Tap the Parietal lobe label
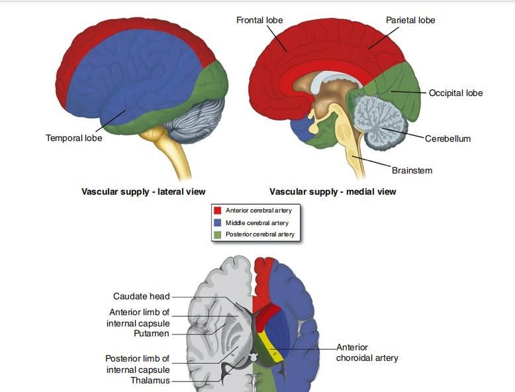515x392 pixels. pos(410,21)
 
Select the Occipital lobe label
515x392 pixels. pos(455,93)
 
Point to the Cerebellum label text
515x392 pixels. pos(447,139)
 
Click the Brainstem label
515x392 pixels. pos(412,171)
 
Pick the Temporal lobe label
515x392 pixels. pos(73,138)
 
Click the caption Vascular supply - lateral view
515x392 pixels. pos(144,192)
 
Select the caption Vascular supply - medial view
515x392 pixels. pos(332,192)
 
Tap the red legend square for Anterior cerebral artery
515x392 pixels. pos(217,211)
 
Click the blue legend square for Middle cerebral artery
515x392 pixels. pos(217,222)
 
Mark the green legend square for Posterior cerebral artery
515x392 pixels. pos(217,234)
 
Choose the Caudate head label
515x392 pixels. pos(141,297)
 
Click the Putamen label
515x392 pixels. pos(152,334)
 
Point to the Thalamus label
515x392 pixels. pos(150,381)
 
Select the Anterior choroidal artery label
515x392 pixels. pos(367,353)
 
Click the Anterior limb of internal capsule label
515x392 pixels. pos(138,318)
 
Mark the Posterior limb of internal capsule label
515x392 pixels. pos(138,364)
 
